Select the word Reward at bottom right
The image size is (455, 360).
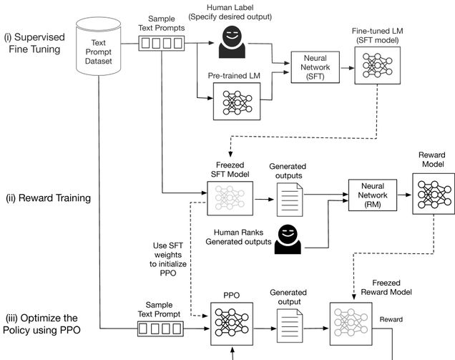click(391, 319)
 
